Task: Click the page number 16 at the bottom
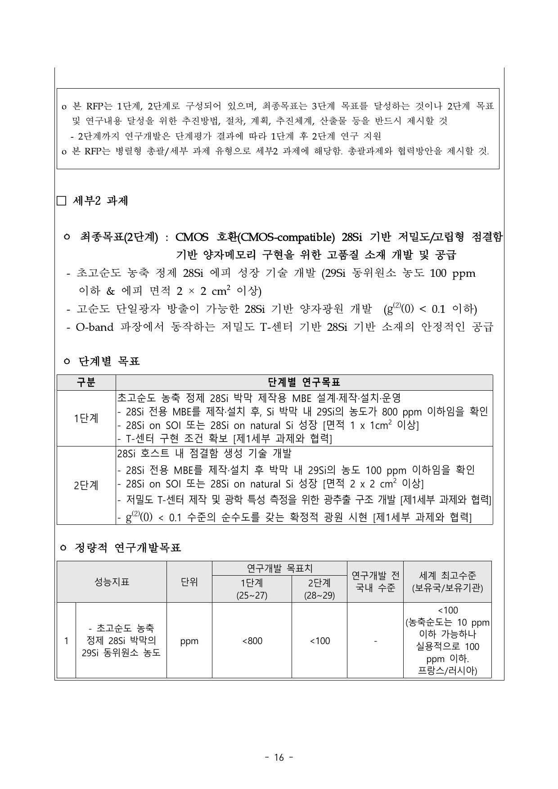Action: coord(279,757)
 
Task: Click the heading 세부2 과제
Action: coord(100,201)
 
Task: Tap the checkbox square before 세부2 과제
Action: coord(61,201)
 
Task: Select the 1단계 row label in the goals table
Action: coord(86,418)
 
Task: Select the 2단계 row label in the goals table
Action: coord(86,485)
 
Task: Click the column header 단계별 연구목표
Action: coord(304,383)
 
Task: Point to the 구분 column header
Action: coord(86,383)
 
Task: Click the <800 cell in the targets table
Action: coord(252,640)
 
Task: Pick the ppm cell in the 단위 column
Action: coord(189,641)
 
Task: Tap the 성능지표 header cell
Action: coord(112,582)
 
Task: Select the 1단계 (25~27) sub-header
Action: coord(252,589)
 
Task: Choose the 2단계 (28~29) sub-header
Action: coord(319,589)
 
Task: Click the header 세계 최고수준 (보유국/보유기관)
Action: coord(447,582)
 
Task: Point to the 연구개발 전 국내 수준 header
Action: coord(375,582)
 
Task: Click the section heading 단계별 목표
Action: coord(109,361)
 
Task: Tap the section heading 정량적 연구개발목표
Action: coord(127,548)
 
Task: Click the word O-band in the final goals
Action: coord(94,327)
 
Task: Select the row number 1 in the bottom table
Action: coord(66,640)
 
